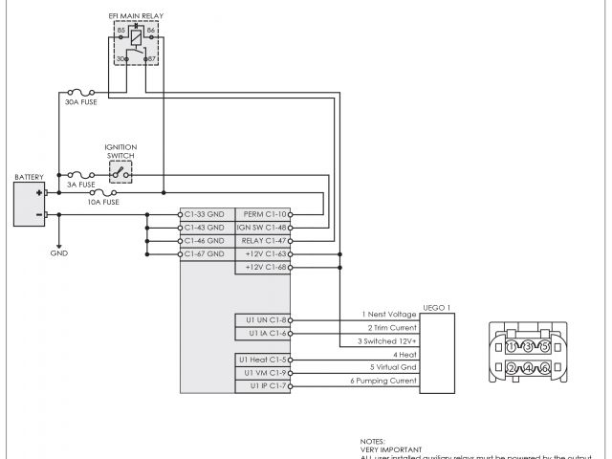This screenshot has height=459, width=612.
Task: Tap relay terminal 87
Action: pos(151,60)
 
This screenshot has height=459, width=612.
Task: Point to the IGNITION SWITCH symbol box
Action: pos(120,172)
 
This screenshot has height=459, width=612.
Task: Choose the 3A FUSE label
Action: pos(80,185)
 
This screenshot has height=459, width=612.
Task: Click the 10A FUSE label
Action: pos(103,203)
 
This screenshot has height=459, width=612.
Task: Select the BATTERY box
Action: pos(30,203)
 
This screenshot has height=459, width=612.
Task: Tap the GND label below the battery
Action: pos(59,253)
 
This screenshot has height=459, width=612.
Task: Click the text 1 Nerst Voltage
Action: pos(388,314)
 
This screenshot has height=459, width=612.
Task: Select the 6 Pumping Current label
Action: pos(382,381)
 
